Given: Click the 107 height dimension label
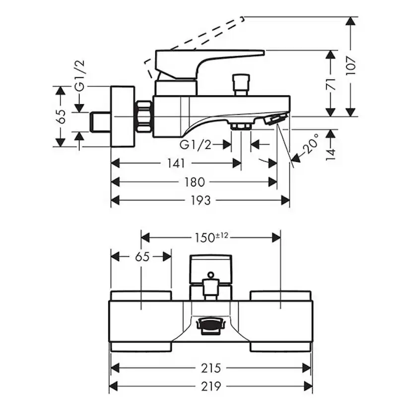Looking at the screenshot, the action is pyautogui.click(x=350, y=66).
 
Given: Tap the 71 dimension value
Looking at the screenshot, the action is pyautogui.click(x=331, y=84).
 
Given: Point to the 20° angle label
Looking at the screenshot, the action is pyautogui.click(x=311, y=144).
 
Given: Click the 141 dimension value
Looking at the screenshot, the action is pyautogui.click(x=176, y=163).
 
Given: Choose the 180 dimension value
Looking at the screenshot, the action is pyautogui.click(x=194, y=182).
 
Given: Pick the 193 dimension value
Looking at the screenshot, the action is pyautogui.click(x=201, y=201).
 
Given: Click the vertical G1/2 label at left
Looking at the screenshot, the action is pyautogui.click(x=80, y=76).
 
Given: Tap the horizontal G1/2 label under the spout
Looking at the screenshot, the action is pyautogui.click(x=196, y=144).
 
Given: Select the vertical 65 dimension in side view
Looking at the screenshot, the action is pyautogui.click(x=61, y=116).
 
